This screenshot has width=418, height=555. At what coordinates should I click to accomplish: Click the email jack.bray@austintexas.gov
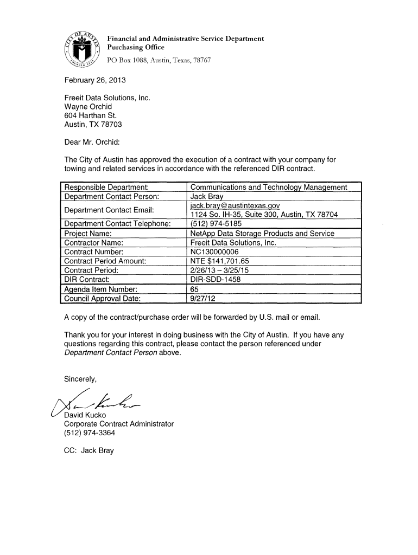coord(235,206)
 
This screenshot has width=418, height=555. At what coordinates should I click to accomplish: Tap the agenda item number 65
coord(195,289)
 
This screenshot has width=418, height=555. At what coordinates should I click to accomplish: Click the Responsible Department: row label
coord(107,188)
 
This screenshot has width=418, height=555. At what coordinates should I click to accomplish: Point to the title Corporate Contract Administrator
coord(119,424)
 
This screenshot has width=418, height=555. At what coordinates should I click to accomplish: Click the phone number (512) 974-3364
coord(90,433)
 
